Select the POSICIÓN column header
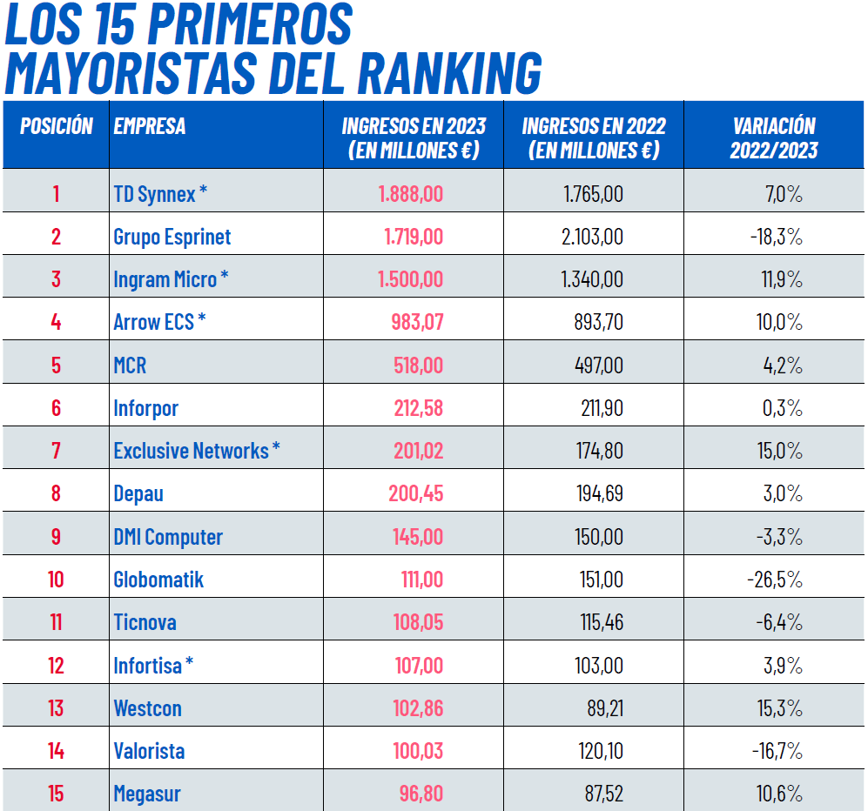(57, 126)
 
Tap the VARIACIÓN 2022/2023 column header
(774, 137)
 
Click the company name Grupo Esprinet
(172, 237)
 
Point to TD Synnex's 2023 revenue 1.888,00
(410, 193)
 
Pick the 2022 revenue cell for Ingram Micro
(592, 279)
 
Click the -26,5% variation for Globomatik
(775, 580)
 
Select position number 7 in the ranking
(56, 451)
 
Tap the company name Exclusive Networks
(192, 451)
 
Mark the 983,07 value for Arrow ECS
(417, 322)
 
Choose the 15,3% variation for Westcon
(779, 708)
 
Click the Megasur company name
(147, 794)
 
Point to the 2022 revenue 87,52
(604, 794)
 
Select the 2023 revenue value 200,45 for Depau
(415, 493)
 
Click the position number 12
(56, 666)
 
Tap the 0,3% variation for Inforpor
(782, 408)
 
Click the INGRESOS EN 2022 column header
(594, 137)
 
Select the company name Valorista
(149, 751)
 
